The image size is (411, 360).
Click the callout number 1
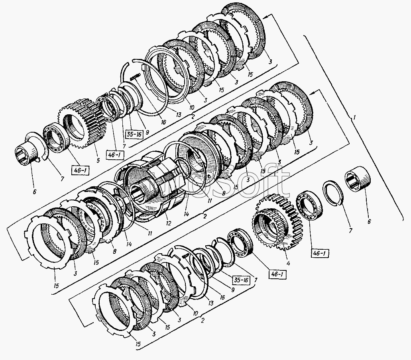pos(354,117)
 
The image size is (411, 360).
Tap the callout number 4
pos(288,263)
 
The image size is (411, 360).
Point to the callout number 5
pos(98,160)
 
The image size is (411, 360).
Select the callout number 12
pos(169,223)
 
